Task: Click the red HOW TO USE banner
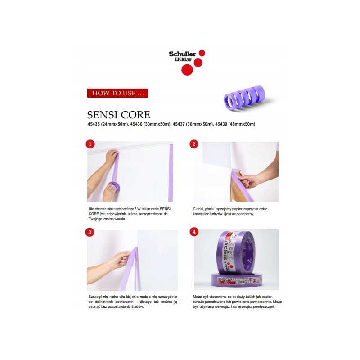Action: [117, 93]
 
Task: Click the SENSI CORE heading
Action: [118, 115]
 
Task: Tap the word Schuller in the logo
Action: [183, 54]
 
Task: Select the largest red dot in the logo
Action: [187, 70]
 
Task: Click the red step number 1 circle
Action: [90, 144]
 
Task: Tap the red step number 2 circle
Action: [194, 144]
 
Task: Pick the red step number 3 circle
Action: [90, 232]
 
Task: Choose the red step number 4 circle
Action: [194, 232]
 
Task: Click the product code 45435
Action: [94, 124]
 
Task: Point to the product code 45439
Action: [221, 124]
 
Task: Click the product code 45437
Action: [179, 124]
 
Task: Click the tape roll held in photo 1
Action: [114, 187]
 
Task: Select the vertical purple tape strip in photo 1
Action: [171, 173]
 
